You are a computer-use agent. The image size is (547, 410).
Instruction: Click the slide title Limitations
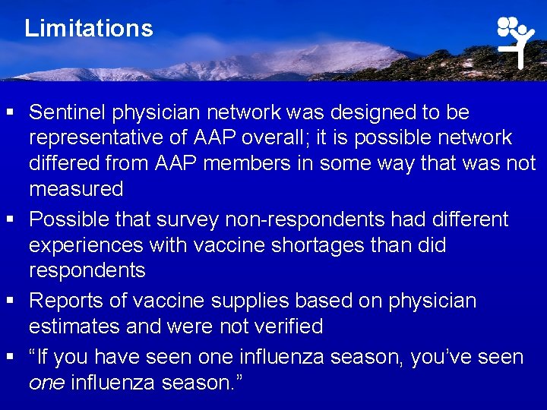88,29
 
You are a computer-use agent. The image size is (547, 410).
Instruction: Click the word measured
76,188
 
